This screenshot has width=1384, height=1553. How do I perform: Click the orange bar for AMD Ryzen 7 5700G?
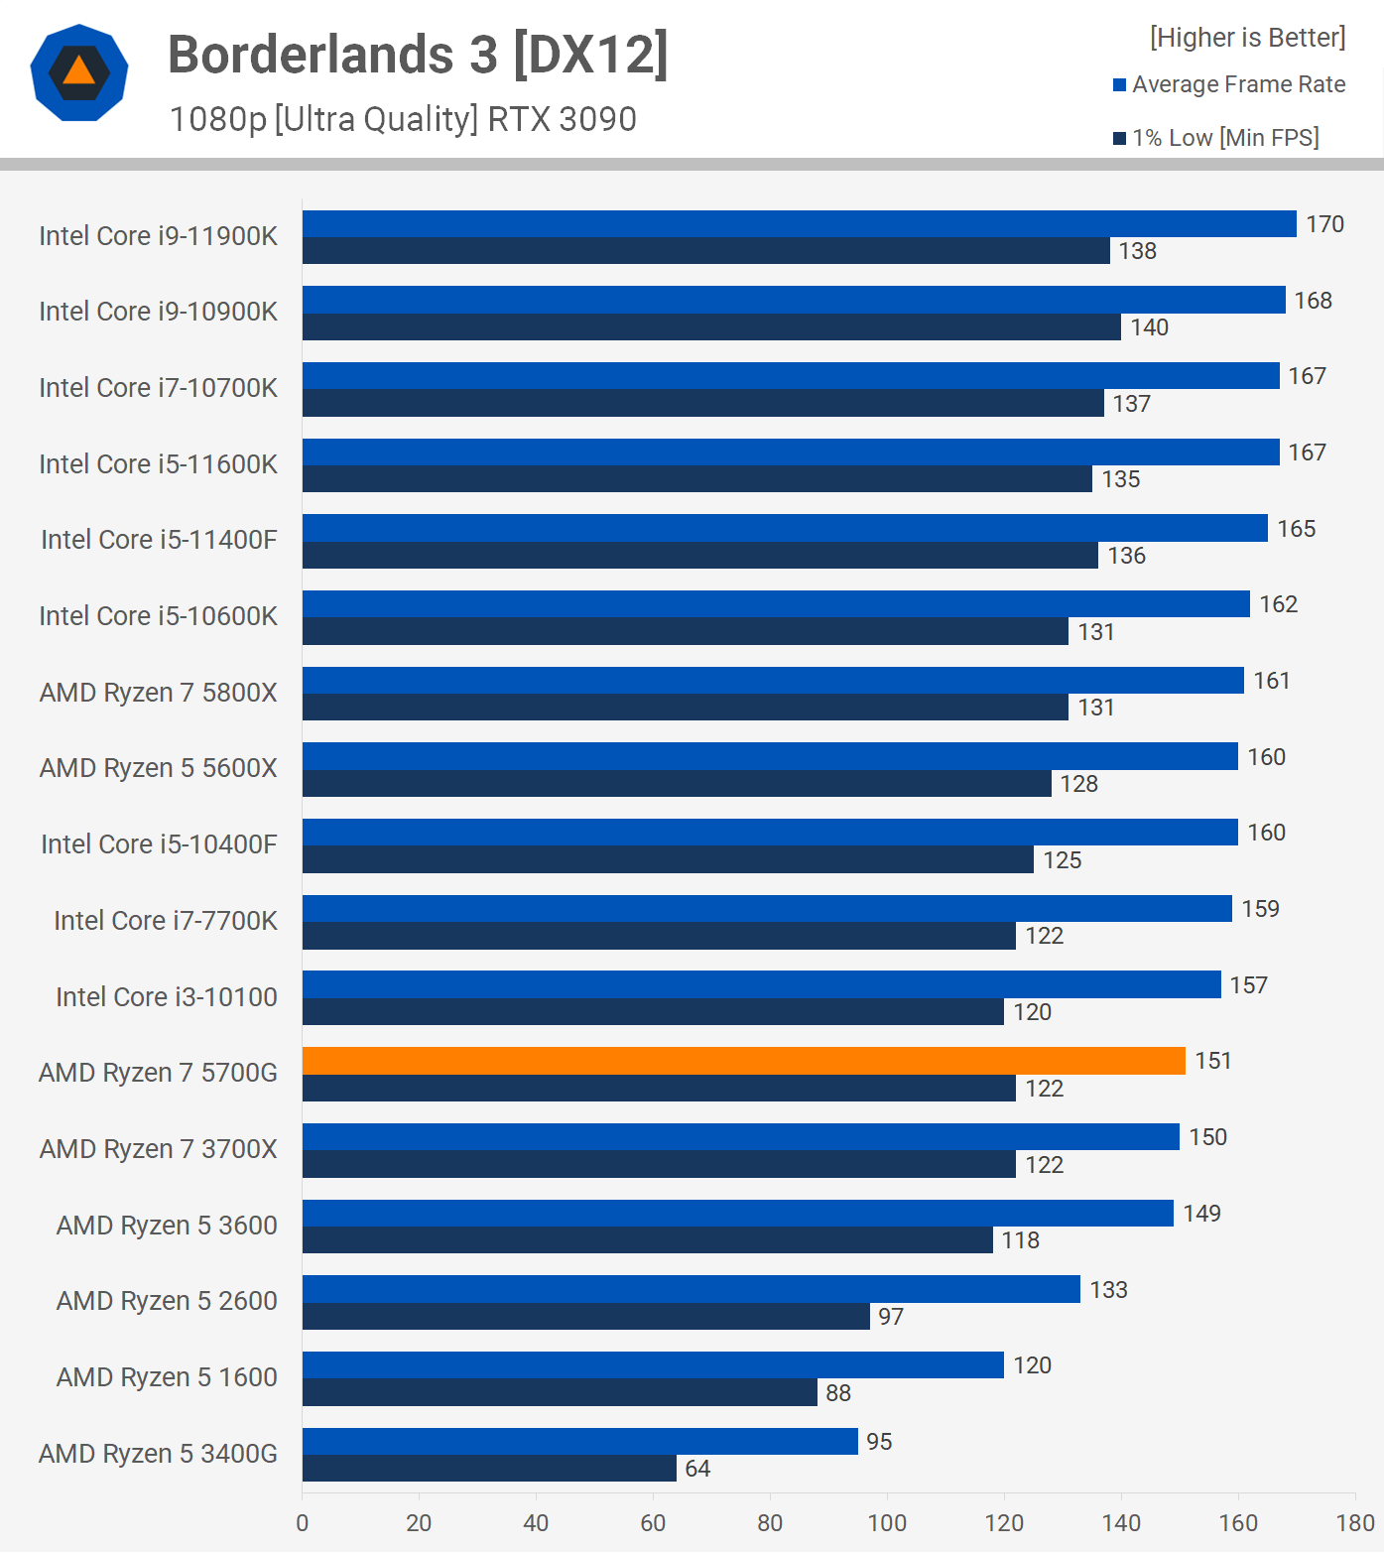(743, 1061)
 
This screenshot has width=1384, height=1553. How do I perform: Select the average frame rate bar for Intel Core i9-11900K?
(799, 224)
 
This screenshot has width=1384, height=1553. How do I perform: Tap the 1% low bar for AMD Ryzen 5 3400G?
(489, 1469)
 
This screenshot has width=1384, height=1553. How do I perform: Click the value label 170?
(1324, 224)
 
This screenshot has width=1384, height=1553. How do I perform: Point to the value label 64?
(697, 1469)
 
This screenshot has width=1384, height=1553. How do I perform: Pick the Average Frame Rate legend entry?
(1229, 84)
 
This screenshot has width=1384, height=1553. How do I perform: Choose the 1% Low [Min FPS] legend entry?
(1216, 138)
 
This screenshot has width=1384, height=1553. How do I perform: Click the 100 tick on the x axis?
(887, 1523)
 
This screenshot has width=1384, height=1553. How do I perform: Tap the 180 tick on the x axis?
(1355, 1523)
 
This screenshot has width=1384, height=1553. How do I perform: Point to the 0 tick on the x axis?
(303, 1523)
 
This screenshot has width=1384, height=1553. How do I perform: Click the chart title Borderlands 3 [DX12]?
(418, 55)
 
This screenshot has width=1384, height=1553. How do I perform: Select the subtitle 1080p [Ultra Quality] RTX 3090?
(403, 119)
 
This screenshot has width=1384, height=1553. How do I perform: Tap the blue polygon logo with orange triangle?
(79, 72)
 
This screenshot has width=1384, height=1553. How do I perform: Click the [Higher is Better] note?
(1247, 38)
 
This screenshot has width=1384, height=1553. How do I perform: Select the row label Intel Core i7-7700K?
(166, 921)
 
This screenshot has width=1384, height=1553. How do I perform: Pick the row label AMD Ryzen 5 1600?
(167, 1377)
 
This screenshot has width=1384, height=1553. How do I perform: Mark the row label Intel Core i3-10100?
(167, 997)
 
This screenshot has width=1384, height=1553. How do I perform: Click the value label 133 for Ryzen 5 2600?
(1108, 1290)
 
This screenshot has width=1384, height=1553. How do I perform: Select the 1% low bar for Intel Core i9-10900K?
(711, 327)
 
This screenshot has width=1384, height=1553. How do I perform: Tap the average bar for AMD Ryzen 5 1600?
(653, 1365)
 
